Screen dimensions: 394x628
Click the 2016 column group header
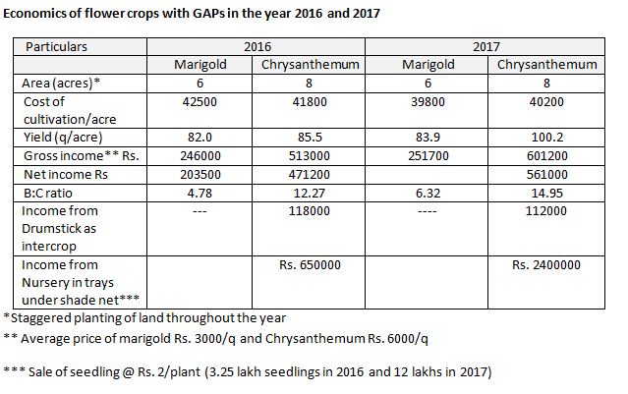click(258, 46)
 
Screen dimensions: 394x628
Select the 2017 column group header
click(486, 46)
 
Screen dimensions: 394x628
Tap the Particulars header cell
click(57, 46)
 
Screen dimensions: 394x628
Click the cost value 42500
click(201, 101)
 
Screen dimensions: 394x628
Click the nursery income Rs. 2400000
click(547, 264)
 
